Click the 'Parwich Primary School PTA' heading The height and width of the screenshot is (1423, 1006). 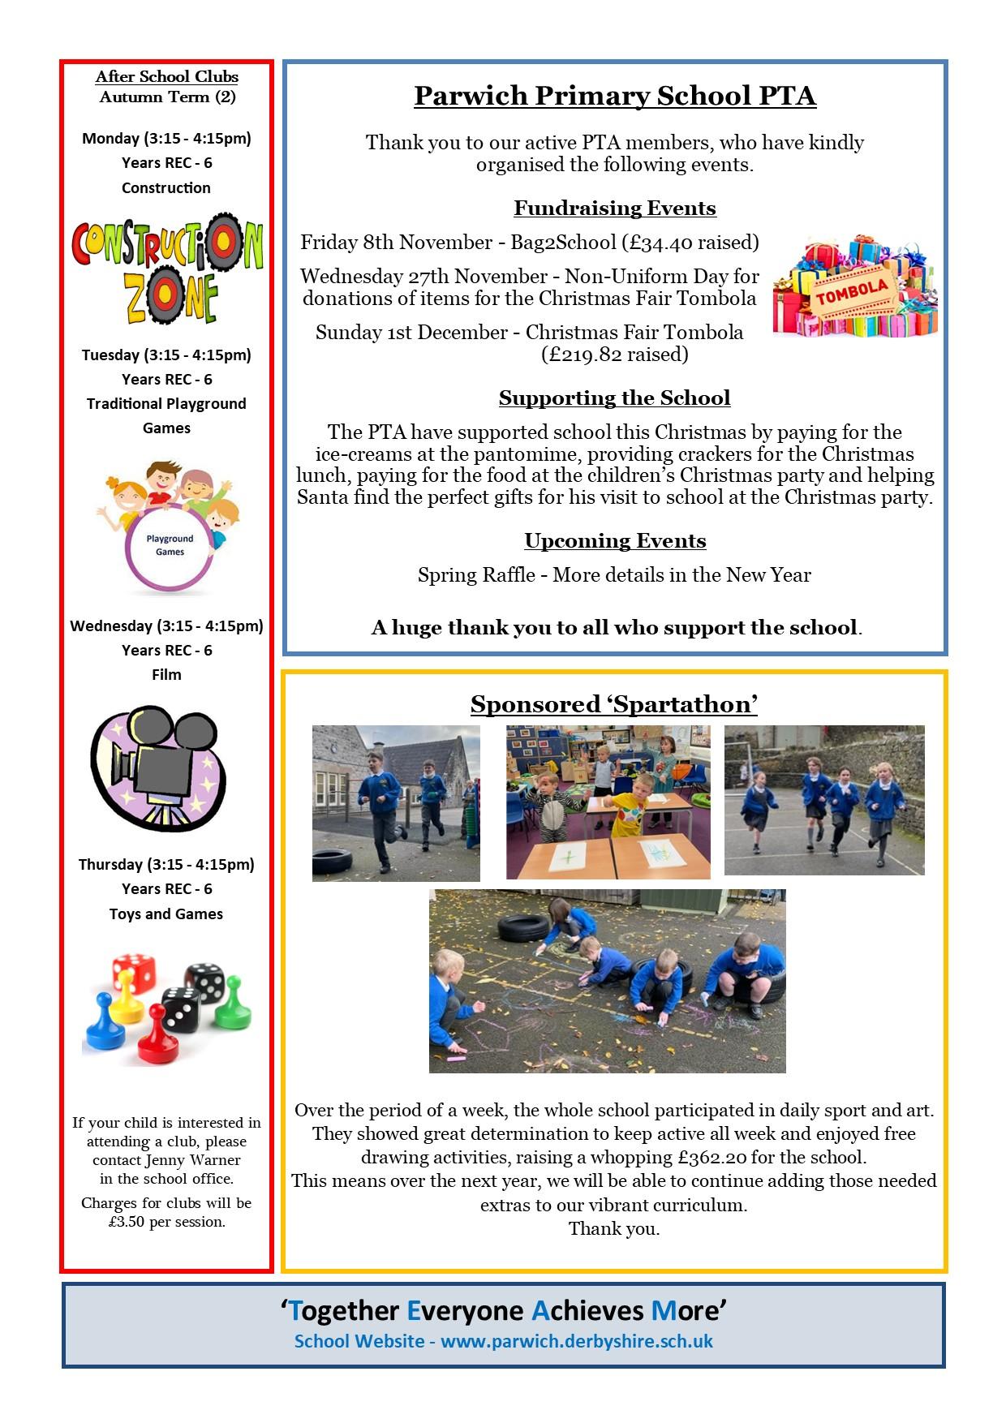tap(614, 97)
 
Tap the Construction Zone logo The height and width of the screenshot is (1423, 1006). tap(167, 269)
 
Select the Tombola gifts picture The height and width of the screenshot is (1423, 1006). tap(855, 286)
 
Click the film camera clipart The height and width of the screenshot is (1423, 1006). tap(158, 767)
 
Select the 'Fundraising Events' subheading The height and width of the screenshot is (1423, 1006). tap(614, 209)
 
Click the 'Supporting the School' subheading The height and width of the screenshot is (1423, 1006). tap(614, 398)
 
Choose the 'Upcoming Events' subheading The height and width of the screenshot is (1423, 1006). tap(614, 541)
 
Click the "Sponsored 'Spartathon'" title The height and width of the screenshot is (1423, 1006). tap(614, 704)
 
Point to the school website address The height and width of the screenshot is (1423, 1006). tap(577, 1341)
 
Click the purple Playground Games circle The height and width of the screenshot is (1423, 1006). tap(170, 545)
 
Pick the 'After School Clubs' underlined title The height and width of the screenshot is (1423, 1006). tap(167, 77)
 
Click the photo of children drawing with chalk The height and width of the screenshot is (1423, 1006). tap(607, 981)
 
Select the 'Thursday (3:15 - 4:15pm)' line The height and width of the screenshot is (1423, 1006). tap(166, 865)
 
